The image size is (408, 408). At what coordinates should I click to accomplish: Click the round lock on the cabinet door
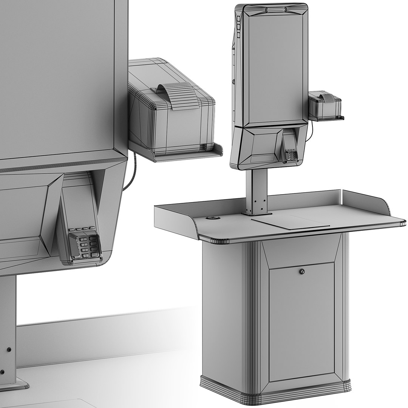coord(301,271)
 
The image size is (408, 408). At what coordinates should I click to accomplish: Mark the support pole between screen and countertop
coord(257,191)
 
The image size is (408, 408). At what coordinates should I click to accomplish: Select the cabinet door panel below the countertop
coord(301,321)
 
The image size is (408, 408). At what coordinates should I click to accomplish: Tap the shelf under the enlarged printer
coord(178,153)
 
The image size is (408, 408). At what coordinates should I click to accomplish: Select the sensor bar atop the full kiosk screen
coord(275,9)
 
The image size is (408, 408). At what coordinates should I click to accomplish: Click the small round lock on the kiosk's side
coord(234,81)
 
